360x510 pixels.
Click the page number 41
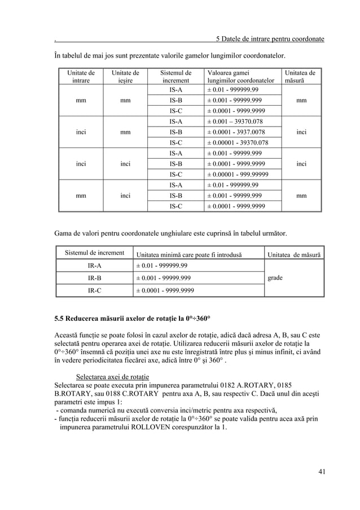coord(321,472)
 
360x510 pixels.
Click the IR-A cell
coord(94,265)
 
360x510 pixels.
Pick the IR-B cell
coord(94,278)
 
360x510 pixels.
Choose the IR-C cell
coord(94,291)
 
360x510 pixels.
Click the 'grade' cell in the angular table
coord(275,278)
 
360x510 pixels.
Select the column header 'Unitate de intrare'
coord(81,77)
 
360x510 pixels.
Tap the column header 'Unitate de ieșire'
coord(125,77)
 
